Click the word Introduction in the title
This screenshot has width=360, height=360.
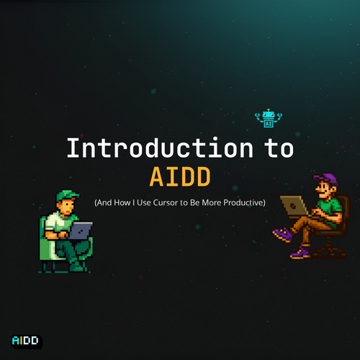(x=160, y=148)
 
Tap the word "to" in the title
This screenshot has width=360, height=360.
(x=279, y=148)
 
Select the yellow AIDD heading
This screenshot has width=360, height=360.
(x=180, y=176)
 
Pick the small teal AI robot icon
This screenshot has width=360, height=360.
(x=269, y=118)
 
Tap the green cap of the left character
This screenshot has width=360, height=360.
(x=67, y=196)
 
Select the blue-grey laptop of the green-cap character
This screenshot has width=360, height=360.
(x=81, y=230)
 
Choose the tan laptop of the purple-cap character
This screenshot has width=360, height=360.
(x=294, y=205)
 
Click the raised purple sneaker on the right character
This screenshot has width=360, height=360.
(x=283, y=234)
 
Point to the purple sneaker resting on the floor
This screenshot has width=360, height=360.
(x=300, y=253)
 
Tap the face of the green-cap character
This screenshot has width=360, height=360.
(x=67, y=207)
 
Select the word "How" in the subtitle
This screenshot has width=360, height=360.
(x=122, y=202)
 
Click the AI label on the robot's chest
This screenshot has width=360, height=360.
(x=269, y=124)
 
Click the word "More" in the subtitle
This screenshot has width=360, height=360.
(x=212, y=202)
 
